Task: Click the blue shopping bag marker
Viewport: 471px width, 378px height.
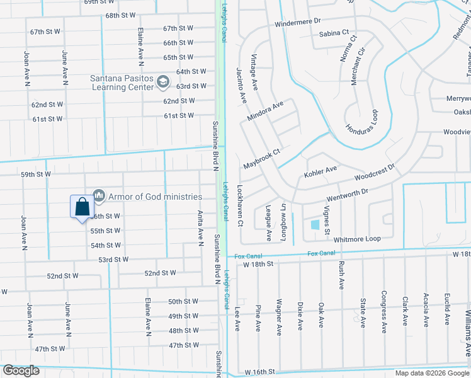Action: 82,207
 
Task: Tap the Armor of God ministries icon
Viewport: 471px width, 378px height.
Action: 98,197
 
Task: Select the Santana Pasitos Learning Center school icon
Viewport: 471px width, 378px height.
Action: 163,81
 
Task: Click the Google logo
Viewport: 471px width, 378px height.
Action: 21,370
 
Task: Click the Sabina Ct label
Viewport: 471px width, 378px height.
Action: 334,33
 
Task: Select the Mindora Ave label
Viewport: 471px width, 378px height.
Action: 266,112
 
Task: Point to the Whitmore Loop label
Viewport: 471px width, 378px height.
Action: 357,239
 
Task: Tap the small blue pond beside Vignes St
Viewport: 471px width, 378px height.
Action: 314,224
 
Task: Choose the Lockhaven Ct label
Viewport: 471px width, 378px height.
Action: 239,205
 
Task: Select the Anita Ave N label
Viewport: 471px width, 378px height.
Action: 201,227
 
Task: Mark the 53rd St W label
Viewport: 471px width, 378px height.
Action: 113,260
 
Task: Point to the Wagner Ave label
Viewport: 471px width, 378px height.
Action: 278,318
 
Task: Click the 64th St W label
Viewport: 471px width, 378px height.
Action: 191,72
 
